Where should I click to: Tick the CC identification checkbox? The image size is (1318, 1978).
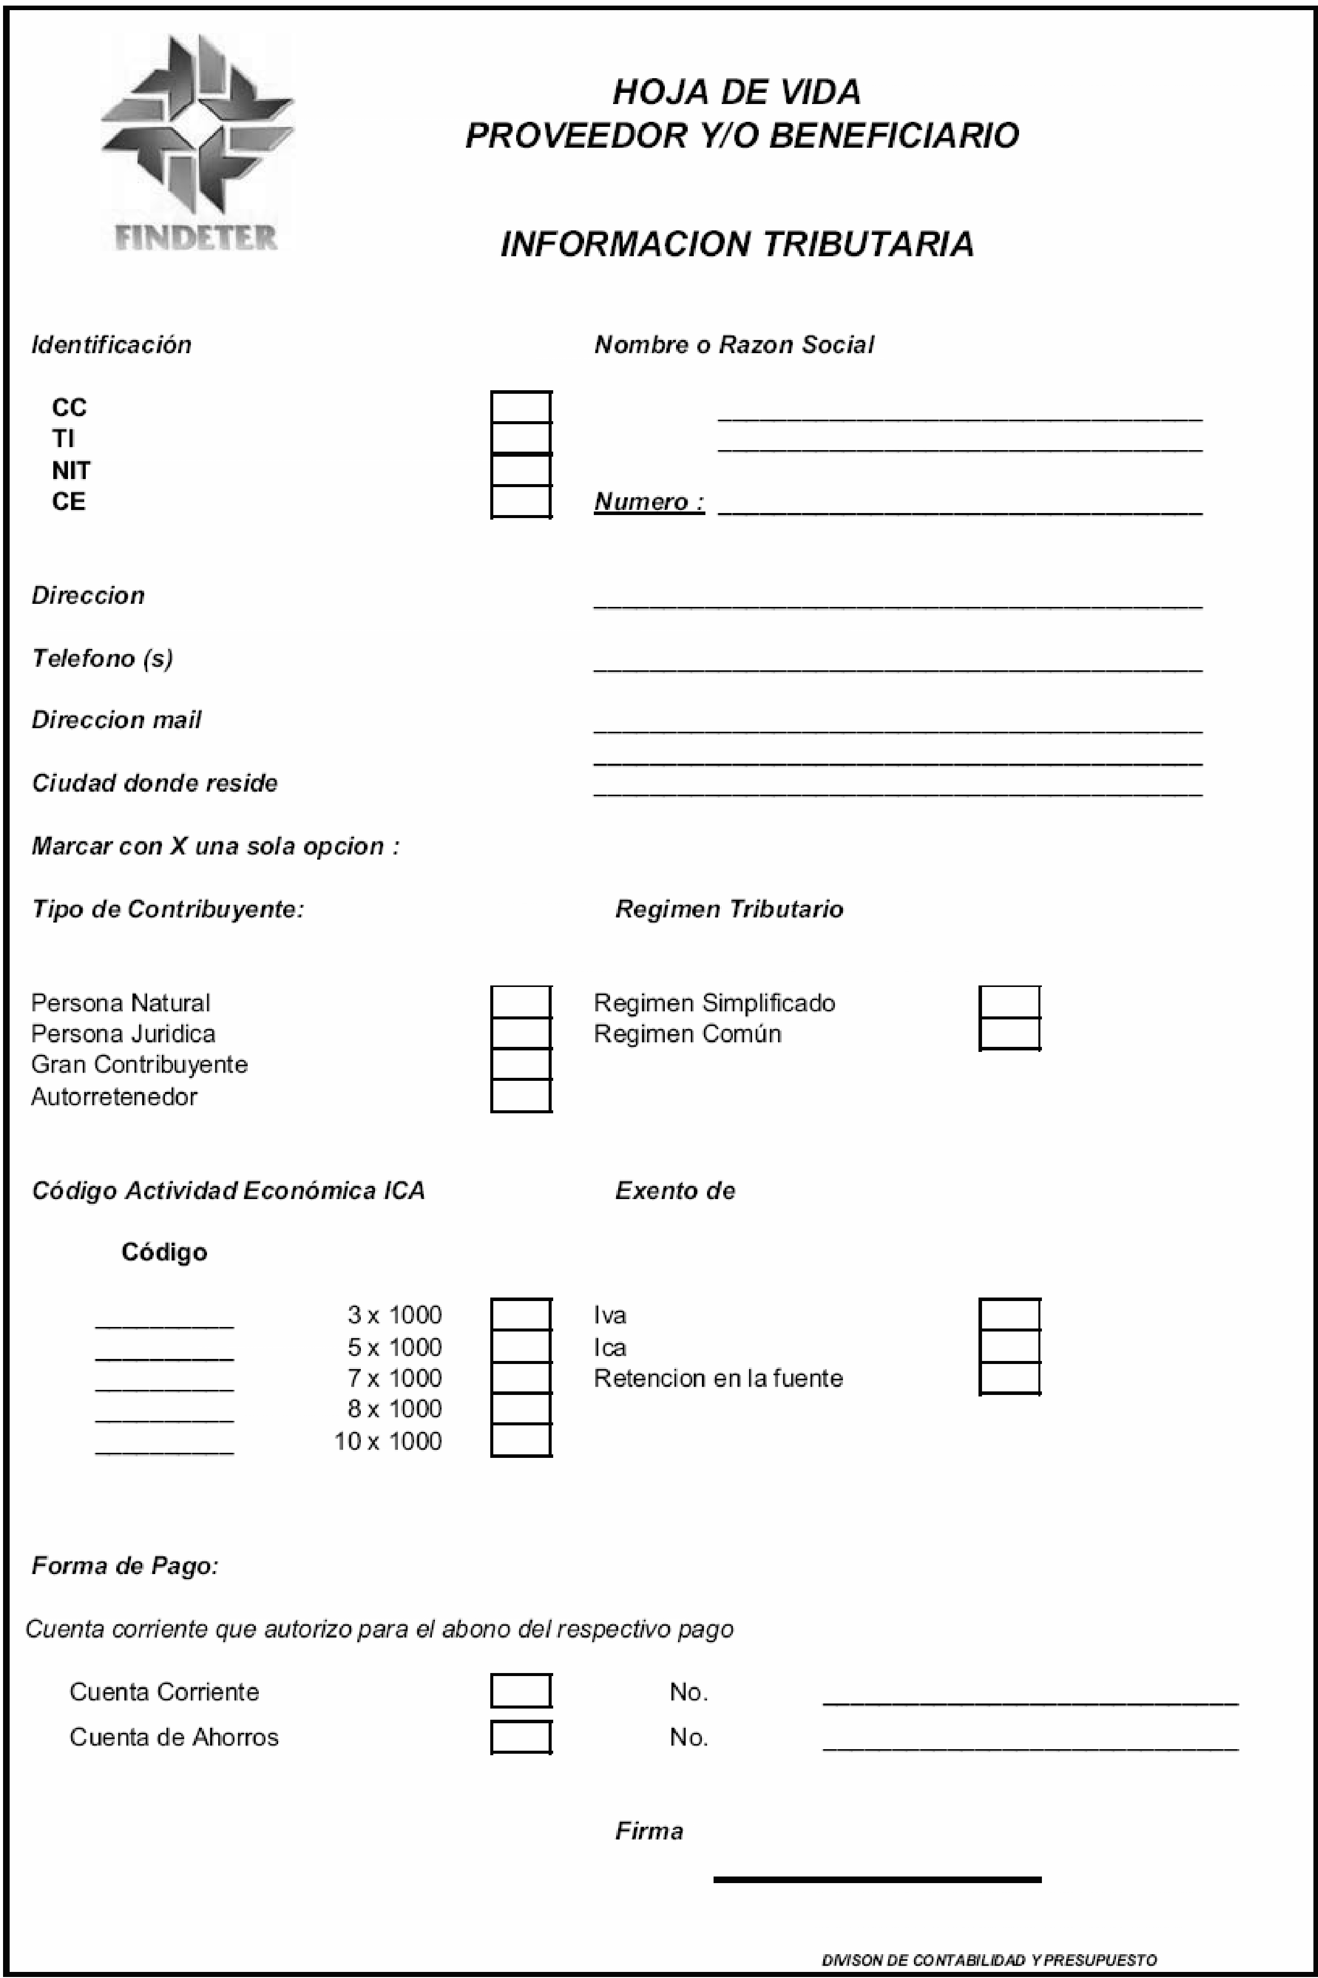[521, 406]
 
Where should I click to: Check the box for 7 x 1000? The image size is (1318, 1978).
[521, 1378]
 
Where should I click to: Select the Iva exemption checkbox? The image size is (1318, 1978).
[1009, 1314]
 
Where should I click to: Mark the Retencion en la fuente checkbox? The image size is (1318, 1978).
[1009, 1378]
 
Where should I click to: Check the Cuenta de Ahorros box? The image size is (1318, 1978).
[521, 1737]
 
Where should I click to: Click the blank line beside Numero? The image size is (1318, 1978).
[959, 509]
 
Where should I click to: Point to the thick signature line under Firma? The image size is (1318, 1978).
[876, 1880]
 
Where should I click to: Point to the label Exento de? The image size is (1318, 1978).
[675, 1190]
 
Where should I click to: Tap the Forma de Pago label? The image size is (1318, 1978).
[124, 1565]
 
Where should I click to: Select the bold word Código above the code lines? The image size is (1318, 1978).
[164, 1252]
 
